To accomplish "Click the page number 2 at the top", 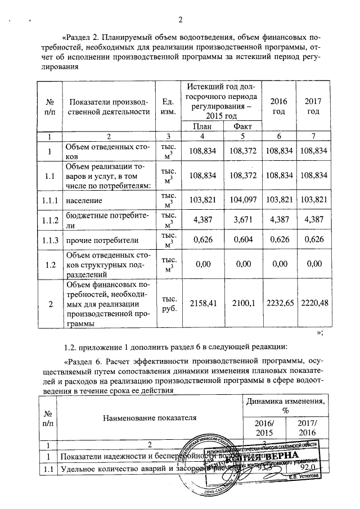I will click(x=181, y=21).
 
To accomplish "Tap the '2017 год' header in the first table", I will click(x=313, y=106).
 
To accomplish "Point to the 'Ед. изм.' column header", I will click(x=166, y=106).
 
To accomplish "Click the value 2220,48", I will click(x=314, y=304).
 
